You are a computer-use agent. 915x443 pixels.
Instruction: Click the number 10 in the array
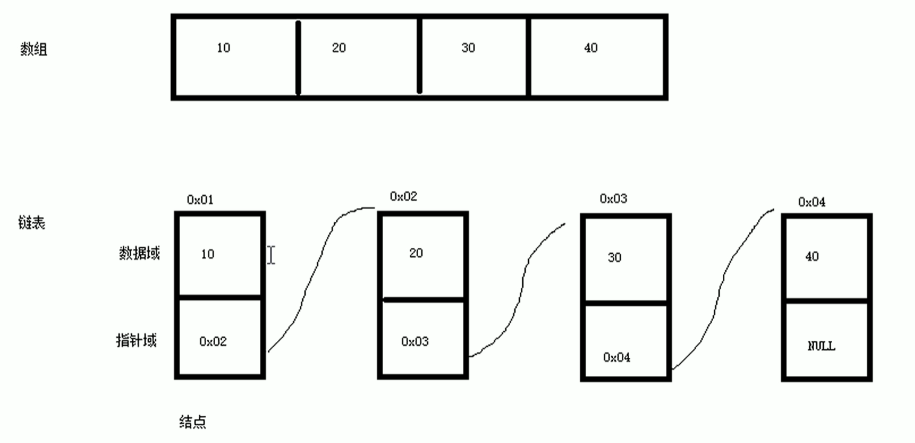(224, 48)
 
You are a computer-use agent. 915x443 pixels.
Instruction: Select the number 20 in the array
(339, 48)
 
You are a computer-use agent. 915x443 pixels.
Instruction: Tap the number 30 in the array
(468, 48)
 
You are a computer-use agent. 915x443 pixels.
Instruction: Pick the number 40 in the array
(591, 48)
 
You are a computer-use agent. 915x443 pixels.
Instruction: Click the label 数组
(34, 50)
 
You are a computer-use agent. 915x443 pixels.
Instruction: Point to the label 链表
(31, 223)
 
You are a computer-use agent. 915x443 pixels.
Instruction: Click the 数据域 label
(139, 254)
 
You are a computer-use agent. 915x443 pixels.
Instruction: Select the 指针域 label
(137, 340)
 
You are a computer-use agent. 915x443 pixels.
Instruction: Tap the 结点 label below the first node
(193, 422)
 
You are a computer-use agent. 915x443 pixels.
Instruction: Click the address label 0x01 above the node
(200, 200)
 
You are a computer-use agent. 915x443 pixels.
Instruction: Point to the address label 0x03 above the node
(613, 198)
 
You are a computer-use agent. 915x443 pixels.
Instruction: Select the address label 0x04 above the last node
(812, 202)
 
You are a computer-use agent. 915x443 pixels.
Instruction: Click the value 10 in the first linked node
(207, 254)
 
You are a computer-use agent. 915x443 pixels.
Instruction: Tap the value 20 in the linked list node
(416, 253)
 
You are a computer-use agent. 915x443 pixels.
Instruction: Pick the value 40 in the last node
(812, 256)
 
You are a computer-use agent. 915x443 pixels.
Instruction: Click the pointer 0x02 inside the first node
(213, 341)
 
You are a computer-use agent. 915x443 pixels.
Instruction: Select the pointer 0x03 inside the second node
(415, 341)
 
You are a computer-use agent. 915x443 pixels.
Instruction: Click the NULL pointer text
(821, 346)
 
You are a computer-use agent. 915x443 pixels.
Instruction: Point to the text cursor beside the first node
(271, 255)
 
